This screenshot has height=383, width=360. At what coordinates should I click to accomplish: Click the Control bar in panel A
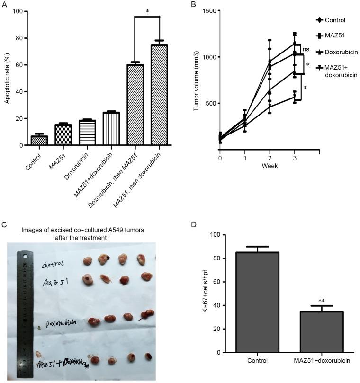tap(39, 140)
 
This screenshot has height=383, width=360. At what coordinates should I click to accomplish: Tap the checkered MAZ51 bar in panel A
tap(63, 135)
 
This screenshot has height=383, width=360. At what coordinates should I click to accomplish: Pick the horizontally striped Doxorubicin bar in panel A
tap(87, 133)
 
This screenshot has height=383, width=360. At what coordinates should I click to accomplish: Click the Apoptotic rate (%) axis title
tap(7, 78)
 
